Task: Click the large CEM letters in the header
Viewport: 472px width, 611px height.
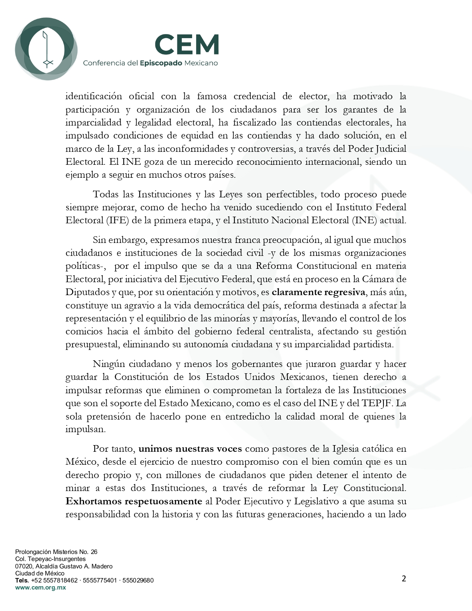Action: pyautogui.click(x=187, y=44)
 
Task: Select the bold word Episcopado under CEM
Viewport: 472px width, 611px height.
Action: pyautogui.click(x=161, y=63)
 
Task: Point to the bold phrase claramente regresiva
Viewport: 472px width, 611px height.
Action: pyautogui.click(x=318, y=292)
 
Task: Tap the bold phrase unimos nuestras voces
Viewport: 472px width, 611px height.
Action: pyautogui.click(x=190, y=449)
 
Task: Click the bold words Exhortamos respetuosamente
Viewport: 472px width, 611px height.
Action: pyautogui.click(x=134, y=501)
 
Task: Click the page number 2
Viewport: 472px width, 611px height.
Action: pyautogui.click(x=404, y=579)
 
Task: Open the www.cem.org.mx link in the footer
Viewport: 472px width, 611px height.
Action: pyautogui.click(x=40, y=587)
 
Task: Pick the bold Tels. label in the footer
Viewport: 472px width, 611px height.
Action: pyautogui.click(x=22, y=580)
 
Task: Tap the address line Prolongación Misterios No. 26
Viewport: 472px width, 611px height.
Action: pyautogui.click(x=56, y=552)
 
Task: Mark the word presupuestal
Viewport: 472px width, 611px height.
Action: pyautogui.click(x=91, y=344)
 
